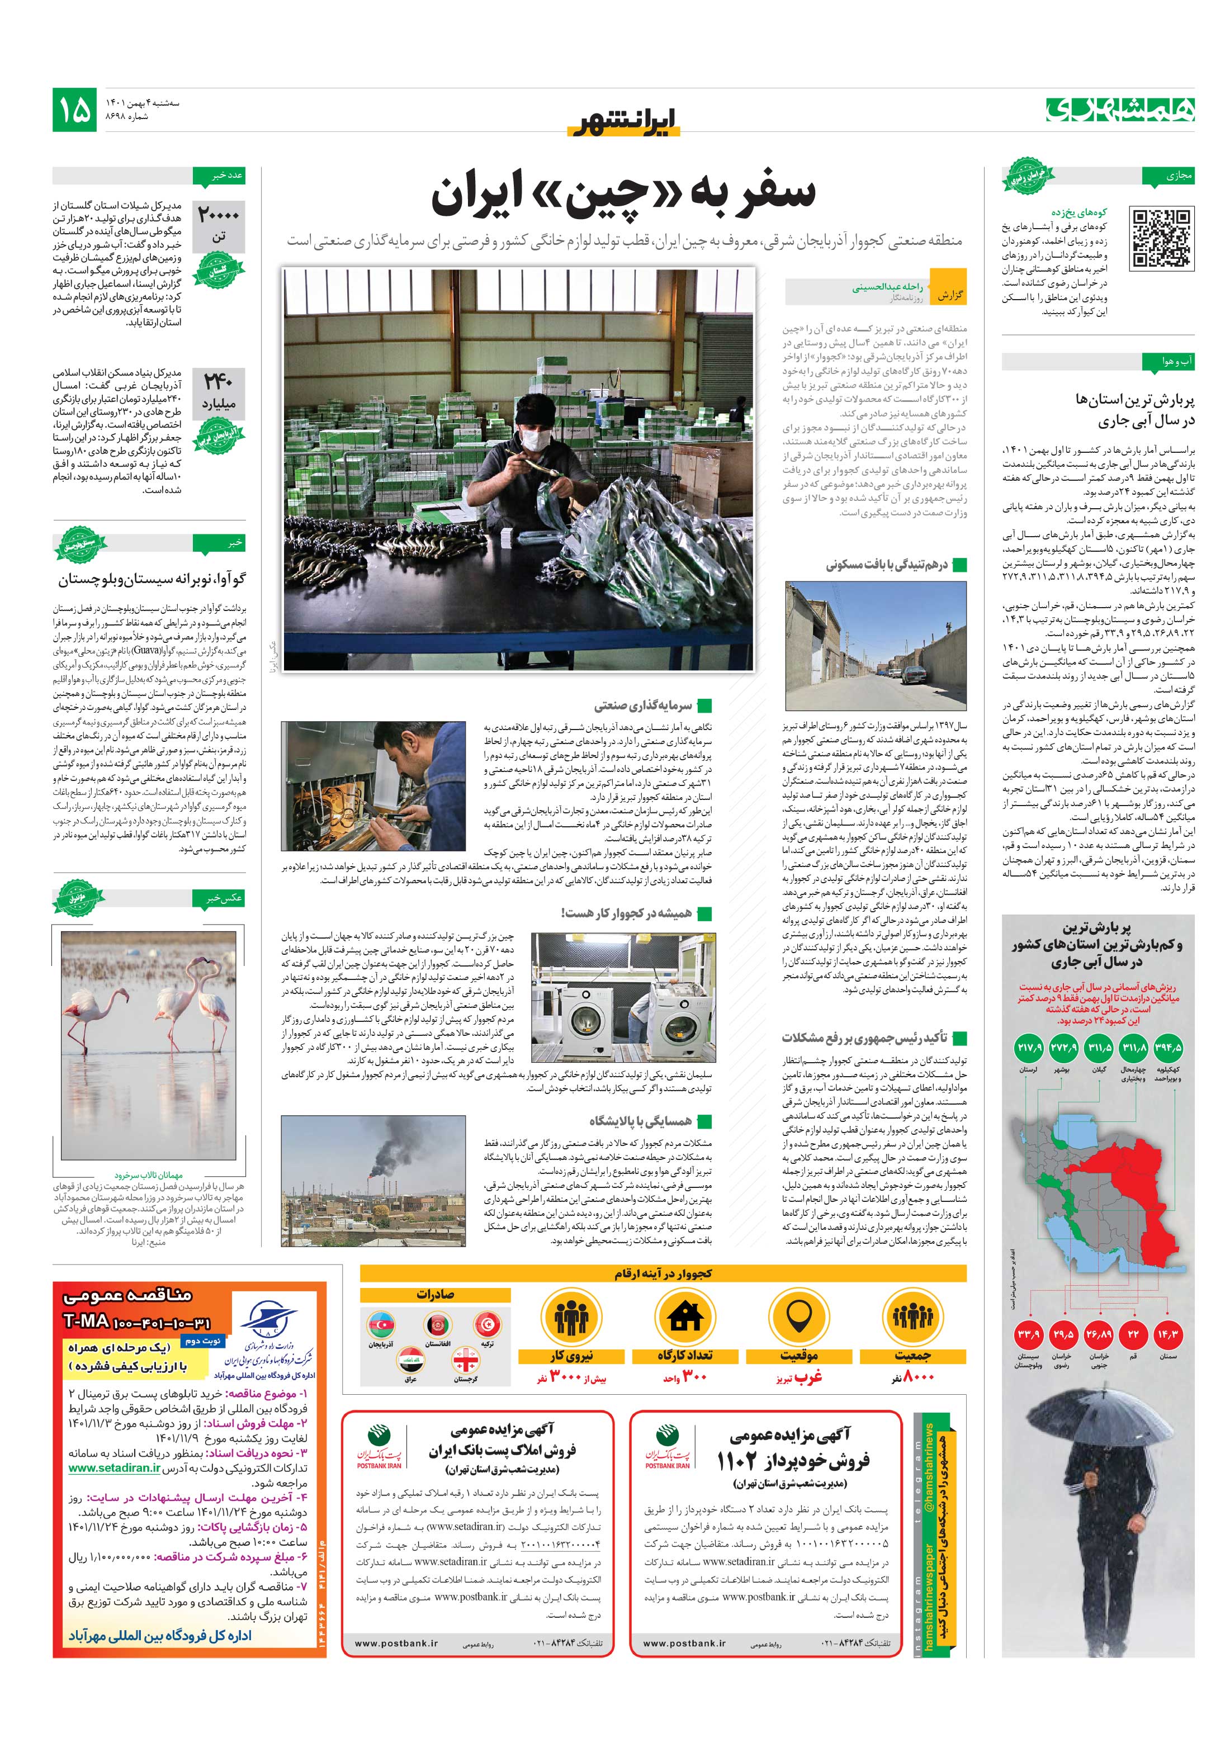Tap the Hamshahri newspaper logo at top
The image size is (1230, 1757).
tap(1120, 110)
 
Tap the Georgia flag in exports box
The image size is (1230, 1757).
tap(466, 1361)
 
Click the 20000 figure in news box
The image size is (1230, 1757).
tap(219, 216)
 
